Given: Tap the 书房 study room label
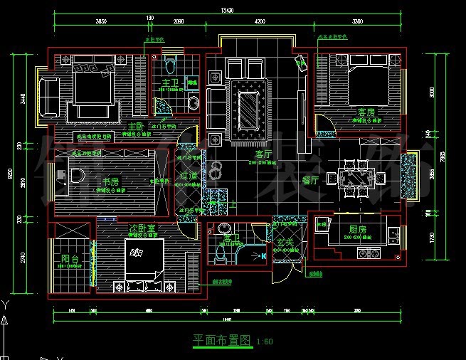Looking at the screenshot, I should (110, 181).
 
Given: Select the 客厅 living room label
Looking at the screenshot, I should (264, 153).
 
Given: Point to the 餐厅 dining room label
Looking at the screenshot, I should (310, 180).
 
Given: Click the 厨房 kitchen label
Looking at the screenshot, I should (358, 229).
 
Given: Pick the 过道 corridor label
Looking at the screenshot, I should (188, 174).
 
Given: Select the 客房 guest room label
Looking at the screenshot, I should (366, 112).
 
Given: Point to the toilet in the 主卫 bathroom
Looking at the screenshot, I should (169, 68).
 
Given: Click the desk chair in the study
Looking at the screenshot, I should (78, 174).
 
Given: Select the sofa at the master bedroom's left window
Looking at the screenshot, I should (50, 97).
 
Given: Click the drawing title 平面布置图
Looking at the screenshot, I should (222, 340).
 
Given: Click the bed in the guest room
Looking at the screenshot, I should (366, 84).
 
